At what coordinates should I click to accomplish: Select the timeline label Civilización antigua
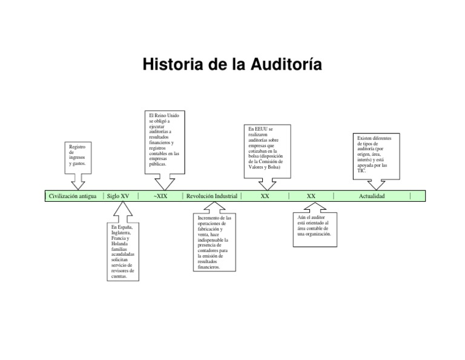pyautogui.click(x=73, y=196)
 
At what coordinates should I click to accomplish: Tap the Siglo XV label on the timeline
pyautogui.click(x=118, y=196)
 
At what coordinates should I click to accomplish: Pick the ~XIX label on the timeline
pyautogui.click(x=160, y=196)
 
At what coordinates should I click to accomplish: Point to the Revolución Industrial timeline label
pyautogui.click(x=212, y=196)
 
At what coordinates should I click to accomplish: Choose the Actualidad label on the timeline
pyautogui.click(x=372, y=196)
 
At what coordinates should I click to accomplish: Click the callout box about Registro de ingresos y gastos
pyautogui.click(x=77, y=156)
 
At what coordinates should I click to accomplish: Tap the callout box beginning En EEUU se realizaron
pyautogui.click(x=266, y=150)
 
